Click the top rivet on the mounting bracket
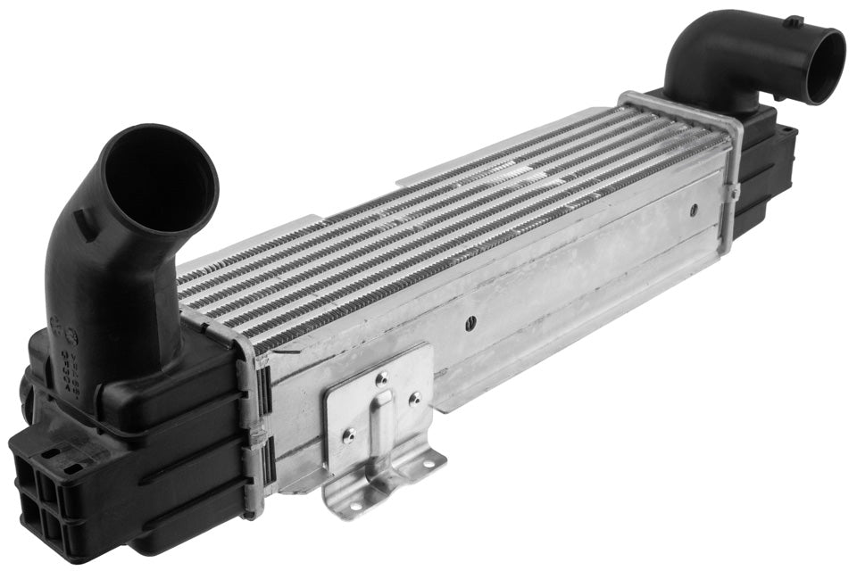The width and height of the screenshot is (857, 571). pos(381,378)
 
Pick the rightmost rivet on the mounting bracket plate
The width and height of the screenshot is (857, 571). pos(414,399)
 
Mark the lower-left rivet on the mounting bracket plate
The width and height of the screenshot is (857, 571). pos(348,435)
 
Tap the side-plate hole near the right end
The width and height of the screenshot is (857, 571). pos(694,211)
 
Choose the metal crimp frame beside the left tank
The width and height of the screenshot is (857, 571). pos(252,419)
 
